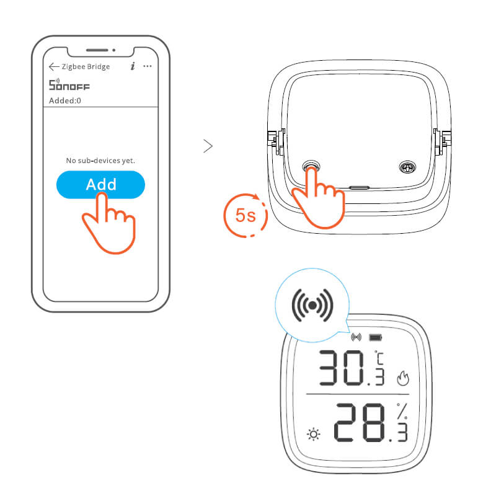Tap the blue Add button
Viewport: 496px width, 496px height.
(x=100, y=184)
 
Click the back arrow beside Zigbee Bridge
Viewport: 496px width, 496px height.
(x=54, y=66)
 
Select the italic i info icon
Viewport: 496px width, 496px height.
(x=133, y=66)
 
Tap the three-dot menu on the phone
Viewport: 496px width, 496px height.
(x=148, y=66)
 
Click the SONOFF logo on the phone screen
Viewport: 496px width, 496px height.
(x=69, y=85)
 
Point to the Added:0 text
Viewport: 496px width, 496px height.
(x=65, y=100)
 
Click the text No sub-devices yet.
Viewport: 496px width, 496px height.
(x=100, y=161)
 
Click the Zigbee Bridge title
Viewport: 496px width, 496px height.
(x=86, y=66)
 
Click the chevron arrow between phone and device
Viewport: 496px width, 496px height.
(x=208, y=146)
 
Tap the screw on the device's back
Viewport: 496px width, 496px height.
(x=407, y=167)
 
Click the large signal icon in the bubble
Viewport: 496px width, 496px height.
(x=312, y=305)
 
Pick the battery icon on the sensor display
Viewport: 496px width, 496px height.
(x=376, y=337)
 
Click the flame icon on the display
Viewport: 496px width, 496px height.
(x=403, y=378)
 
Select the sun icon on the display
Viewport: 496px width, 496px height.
(x=314, y=435)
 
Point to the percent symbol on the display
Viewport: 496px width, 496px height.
(x=402, y=411)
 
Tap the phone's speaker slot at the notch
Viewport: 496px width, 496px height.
(x=97, y=50)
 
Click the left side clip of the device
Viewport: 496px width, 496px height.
(x=276, y=142)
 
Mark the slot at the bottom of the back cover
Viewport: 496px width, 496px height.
(x=359, y=188)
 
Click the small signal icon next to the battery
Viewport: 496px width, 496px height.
(x=356, y=337)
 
